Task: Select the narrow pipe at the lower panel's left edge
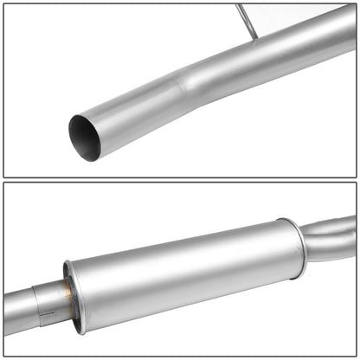tap(12, 307)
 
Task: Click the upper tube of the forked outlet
tap(333, 229)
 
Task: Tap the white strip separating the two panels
tap(180, 180)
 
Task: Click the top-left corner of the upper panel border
tap(3, 3)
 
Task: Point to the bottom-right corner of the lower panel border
tap(356, 356)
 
